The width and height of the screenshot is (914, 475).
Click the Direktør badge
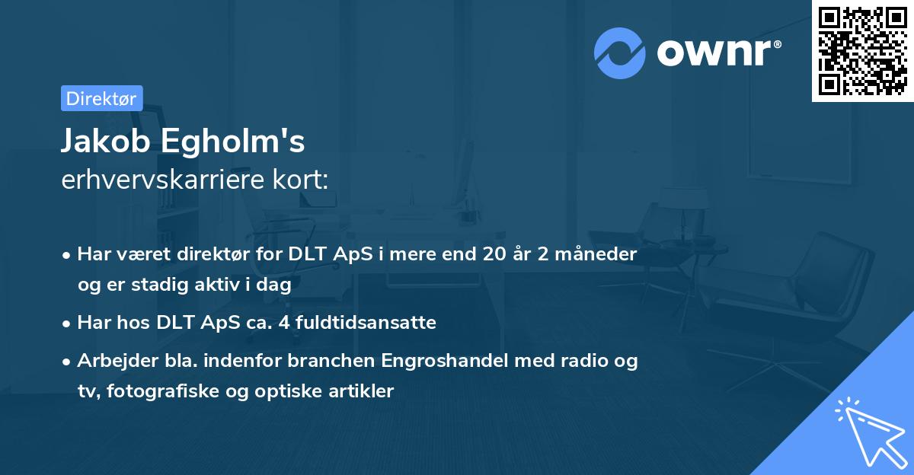101,98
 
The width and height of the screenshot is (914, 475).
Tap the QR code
863,50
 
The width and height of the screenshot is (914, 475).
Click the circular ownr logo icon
620,53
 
